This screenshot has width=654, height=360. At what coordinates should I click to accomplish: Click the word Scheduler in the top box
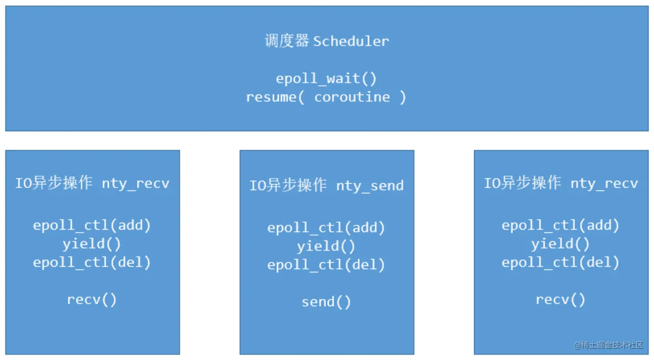tap(351, 42)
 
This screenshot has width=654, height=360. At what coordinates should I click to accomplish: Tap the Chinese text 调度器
tap(287, 41)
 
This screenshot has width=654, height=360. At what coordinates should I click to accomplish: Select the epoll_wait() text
tap(326, 79)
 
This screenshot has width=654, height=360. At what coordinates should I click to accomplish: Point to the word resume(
tap(275, 97)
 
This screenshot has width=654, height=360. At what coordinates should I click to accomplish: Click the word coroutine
tap(352, 97)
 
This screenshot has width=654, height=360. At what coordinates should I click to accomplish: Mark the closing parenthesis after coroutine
tap(403, 97)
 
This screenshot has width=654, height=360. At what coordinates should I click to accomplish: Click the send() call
tap(326, 302)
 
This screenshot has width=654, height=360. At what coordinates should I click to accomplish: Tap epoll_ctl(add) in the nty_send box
tap(326, 228)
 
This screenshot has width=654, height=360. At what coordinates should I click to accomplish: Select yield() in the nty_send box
tap(326, 246)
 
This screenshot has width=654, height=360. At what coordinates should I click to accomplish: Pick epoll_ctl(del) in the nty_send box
tap(326, 265)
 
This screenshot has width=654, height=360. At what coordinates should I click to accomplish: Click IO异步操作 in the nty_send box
tap(288, 186)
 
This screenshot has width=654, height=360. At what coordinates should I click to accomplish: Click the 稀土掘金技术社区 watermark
tap(609, 345)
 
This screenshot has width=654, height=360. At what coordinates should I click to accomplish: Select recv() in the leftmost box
tap(92, 300)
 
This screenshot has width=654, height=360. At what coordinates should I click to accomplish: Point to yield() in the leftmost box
tap(92, 244)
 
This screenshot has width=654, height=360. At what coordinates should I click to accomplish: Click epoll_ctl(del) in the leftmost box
tap(92, 263)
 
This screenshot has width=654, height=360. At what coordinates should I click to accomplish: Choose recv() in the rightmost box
tap(561, 300)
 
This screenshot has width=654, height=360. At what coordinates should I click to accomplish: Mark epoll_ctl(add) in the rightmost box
tap(561, 225)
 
